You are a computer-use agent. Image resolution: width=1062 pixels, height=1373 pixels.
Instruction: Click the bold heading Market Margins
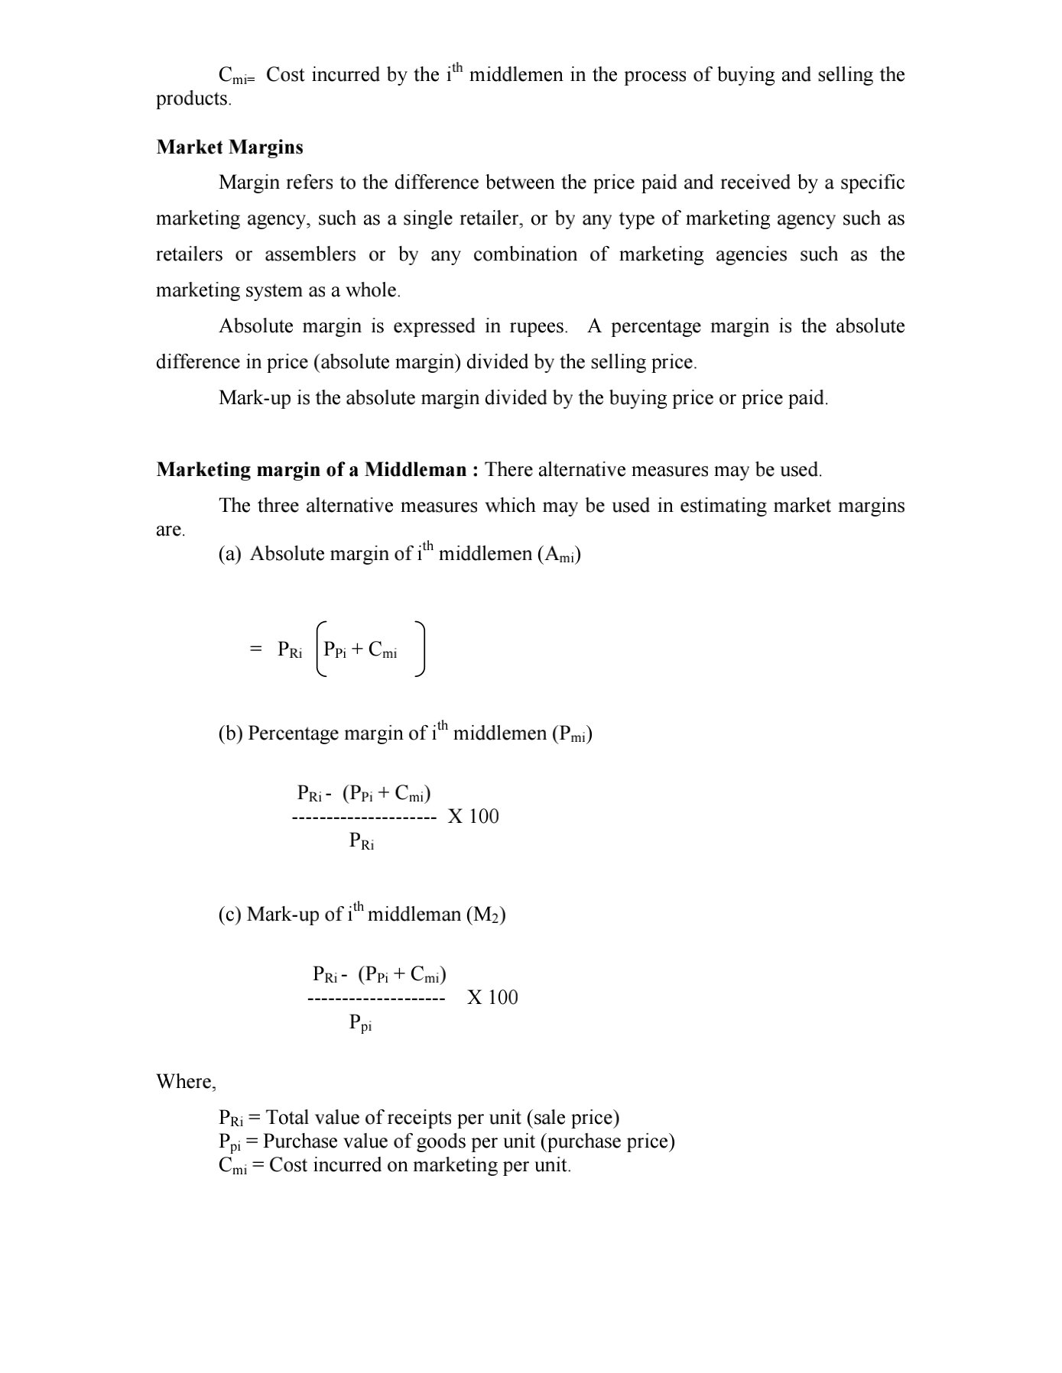coord(229,147)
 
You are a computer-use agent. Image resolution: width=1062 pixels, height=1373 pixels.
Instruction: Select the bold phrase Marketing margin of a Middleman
coord(311,469)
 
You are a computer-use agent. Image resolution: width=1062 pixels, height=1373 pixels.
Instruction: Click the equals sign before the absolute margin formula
coord(255,649)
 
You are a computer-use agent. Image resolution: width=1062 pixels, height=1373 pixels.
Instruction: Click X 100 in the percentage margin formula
coord(473,817)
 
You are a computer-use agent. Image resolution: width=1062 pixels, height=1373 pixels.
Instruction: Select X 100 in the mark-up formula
coord(492,998)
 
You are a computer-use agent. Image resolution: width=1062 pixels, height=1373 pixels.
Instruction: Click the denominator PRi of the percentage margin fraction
coord(362,841)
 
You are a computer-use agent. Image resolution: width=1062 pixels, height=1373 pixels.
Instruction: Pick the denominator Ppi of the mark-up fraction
coord(361,1023)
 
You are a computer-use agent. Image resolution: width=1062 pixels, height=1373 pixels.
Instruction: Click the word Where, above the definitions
coord(187,1082)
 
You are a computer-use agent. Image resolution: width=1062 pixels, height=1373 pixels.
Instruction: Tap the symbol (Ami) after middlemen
coord(559,555)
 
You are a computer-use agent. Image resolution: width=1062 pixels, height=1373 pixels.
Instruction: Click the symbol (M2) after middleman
coord(486,915)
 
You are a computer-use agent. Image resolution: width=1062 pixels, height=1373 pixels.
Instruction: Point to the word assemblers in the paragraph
coord(310,255)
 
